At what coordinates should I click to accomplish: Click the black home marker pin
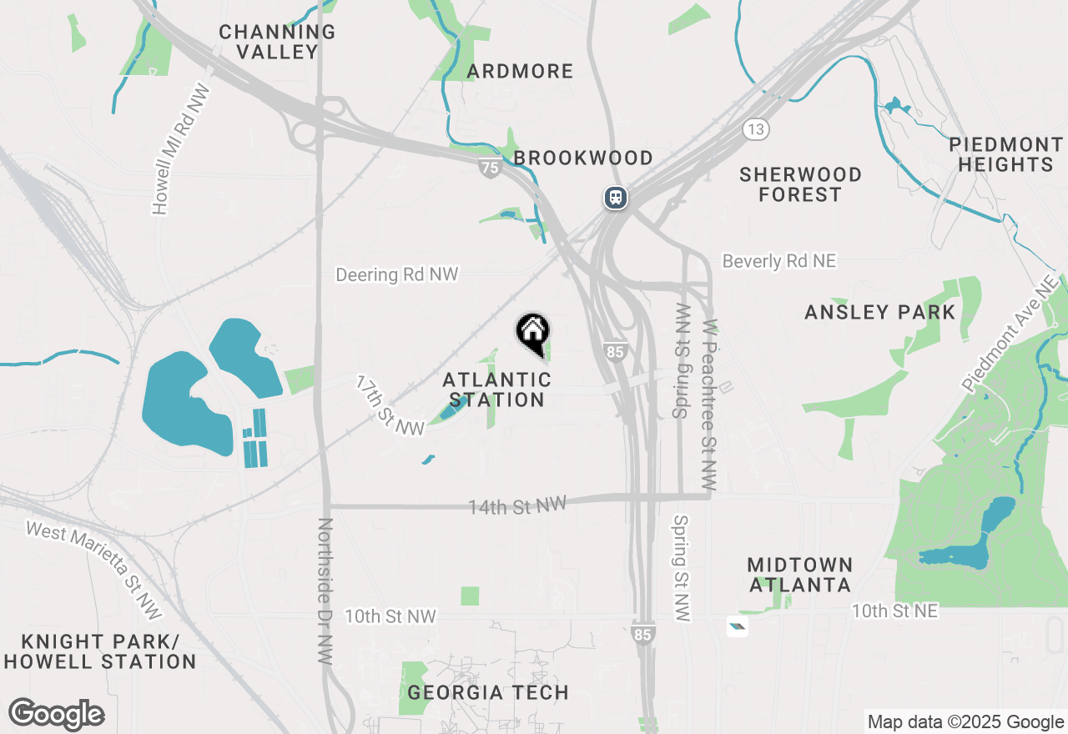coord(532,332)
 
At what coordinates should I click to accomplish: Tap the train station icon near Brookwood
coord(616,198)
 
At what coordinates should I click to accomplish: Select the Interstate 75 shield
coord(491,168)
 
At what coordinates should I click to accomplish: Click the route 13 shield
coord(756,129)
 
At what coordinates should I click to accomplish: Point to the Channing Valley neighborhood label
coord(277,42)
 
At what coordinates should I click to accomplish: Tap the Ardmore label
coord(520,72)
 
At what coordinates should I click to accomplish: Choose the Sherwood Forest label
coord(800,184)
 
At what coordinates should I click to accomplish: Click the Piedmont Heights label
coord(1005,154)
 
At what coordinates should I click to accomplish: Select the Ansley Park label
coord(879,312)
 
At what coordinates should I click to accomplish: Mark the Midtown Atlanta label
coord(799,575)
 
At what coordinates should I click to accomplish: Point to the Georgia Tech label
coord(488,692)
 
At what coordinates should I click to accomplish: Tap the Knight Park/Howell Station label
coord(99,651)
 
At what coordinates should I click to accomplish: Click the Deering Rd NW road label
coord(396,274)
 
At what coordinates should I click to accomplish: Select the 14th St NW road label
coord(516,505)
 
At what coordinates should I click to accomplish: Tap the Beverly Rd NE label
coord(778,261)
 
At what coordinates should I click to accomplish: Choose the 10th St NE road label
coord(894,611)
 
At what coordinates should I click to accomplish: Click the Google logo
coord(57,715)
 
